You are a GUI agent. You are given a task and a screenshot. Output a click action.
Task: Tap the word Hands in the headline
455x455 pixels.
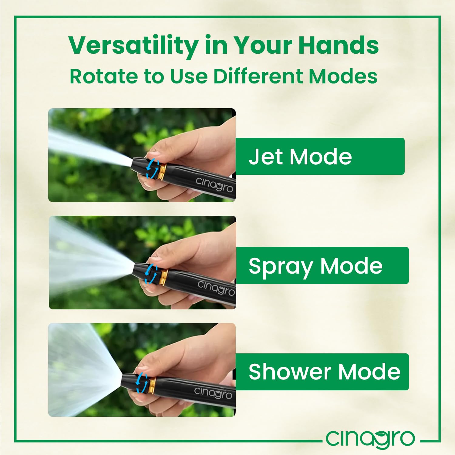pyautogui.click(x=339, y=45)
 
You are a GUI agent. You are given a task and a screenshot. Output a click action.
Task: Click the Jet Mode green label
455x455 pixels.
pyautogui.click(x=320, y=156)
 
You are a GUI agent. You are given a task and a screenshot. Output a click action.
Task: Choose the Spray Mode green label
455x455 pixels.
pyautogui.click(x=322, y=265)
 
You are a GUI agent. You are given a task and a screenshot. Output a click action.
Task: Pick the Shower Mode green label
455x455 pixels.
pyautogui.click(x=322, y=372)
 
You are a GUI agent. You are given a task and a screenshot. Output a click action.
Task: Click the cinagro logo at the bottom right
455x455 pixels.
pyautogui.click(x=370, y=439)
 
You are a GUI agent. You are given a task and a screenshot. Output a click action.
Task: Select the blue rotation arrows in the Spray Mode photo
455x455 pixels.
pyautogui.click(x=151, y=274)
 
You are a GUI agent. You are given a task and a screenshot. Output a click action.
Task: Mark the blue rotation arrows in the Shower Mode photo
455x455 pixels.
pyautogui.click(x=141, y=383)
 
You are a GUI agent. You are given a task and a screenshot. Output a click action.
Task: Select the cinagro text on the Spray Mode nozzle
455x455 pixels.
pyautogui.click(x=216, y=288)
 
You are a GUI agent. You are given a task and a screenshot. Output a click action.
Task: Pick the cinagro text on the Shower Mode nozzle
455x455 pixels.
pyautogui.click(x=213, y=393)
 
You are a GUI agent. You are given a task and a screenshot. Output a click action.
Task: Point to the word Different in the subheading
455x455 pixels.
pyautogui.click(x=258, y=76)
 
